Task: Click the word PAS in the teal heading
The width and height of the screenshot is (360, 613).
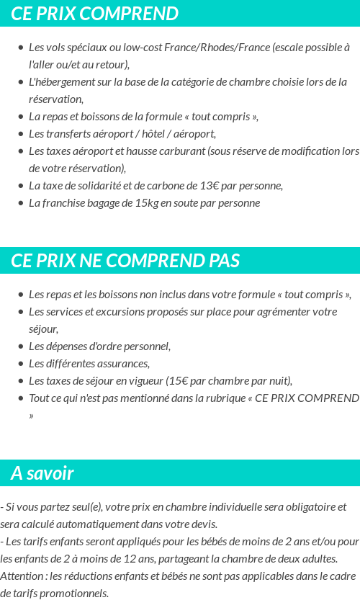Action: pos(224,260)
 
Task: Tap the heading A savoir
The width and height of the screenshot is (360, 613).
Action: pos(42,473)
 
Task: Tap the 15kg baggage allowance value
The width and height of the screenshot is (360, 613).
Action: pos(146,203)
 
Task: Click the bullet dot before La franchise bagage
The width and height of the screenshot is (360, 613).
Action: pos(20,203)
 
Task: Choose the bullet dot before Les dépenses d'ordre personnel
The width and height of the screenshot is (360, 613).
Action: pos(20,346)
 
